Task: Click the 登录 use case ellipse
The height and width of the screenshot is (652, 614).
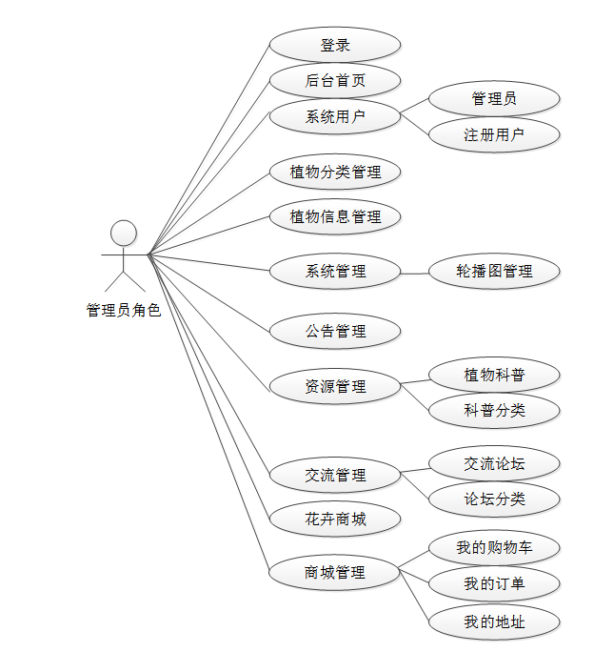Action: (x=335, y=45)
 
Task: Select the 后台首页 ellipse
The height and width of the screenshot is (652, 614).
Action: (x=335, y=81)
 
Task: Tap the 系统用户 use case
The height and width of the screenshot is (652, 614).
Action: (x=335, y=116)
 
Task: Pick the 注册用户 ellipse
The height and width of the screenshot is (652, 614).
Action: (x=494, y=134)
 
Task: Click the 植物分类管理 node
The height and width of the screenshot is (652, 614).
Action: (x=335, y=173)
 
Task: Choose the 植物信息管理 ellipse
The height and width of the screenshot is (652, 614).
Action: (x=335, y=216)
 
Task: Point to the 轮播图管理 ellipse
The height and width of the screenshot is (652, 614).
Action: (x=494, y=272)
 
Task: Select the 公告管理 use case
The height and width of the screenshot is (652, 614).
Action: (x=335, y=332)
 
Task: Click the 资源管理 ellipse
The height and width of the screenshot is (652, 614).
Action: (x=335, y=387)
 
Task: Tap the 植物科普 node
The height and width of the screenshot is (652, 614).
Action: (x=494, y=375)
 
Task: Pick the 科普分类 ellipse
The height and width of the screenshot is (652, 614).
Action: (x=494, y=410)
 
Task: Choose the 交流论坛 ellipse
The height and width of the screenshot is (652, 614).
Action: (x=494, y=463)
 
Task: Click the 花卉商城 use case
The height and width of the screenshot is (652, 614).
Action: (x=335, y=520)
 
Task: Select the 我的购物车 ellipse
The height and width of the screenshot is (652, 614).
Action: (x=494, y=548)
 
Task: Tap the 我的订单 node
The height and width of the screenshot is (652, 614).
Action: (x=494, y=583)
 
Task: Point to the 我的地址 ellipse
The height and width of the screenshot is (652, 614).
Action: (x=494, y=622)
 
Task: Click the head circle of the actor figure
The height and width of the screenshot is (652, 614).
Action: (x=124, y=233)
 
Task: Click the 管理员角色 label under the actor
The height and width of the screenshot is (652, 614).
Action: (x=124, y=310)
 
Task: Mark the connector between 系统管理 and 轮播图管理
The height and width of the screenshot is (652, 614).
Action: (x=415, y=273)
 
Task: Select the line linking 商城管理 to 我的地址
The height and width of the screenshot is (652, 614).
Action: (x=415, y=598)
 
